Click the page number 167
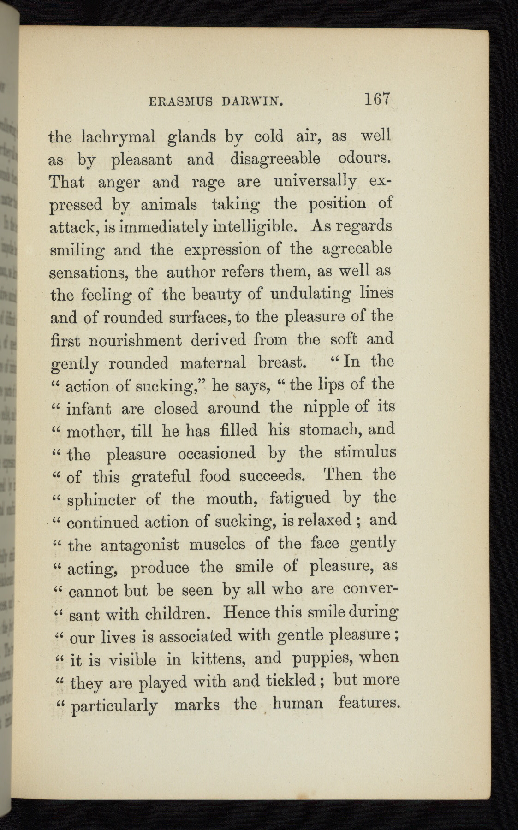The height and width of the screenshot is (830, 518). click(x=377, y=100)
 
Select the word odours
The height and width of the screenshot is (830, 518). click(x=365, y=159)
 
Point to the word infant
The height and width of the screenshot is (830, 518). click(x=89, y=408)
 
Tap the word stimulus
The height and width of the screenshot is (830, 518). click(x=365, y=452)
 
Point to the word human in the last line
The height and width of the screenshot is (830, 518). click(x=298, y=704)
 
